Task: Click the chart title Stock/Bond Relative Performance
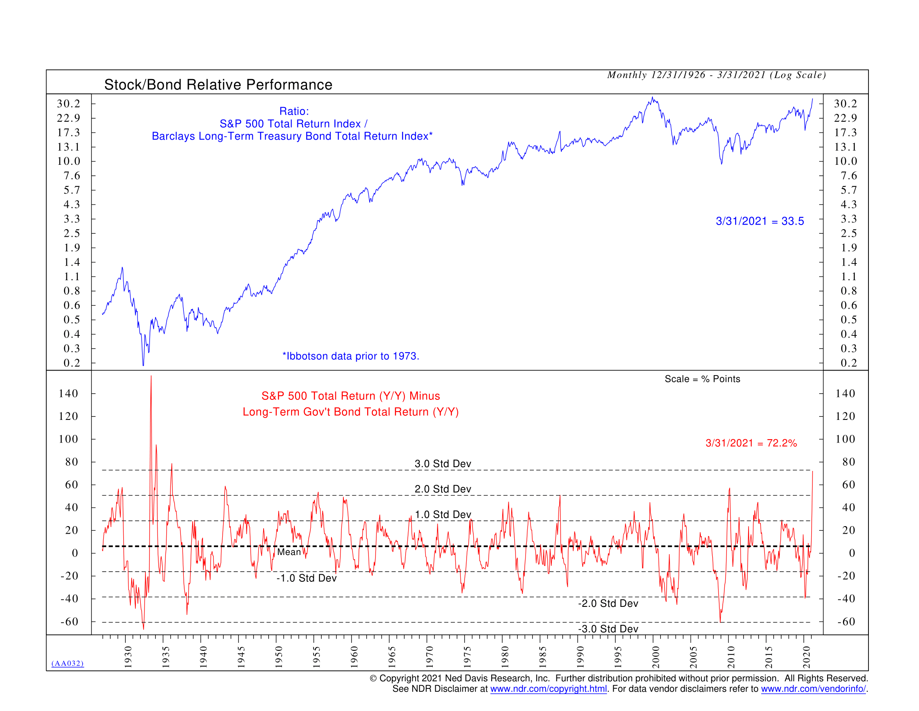218,84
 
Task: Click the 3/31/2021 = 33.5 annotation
759,221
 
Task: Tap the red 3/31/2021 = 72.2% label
751,443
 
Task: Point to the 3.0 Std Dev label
443,464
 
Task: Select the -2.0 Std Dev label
608,604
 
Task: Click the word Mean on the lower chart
289,552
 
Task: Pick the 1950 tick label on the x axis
279,657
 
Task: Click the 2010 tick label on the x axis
731,657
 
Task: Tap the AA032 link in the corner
67,664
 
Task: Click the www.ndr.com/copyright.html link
548,689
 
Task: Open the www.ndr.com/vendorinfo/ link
813,689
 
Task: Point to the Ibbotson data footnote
350,356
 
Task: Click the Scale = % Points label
702,379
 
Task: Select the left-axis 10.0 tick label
69,161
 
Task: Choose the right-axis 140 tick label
845,394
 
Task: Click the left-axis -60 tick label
69,621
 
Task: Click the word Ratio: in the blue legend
294,111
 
